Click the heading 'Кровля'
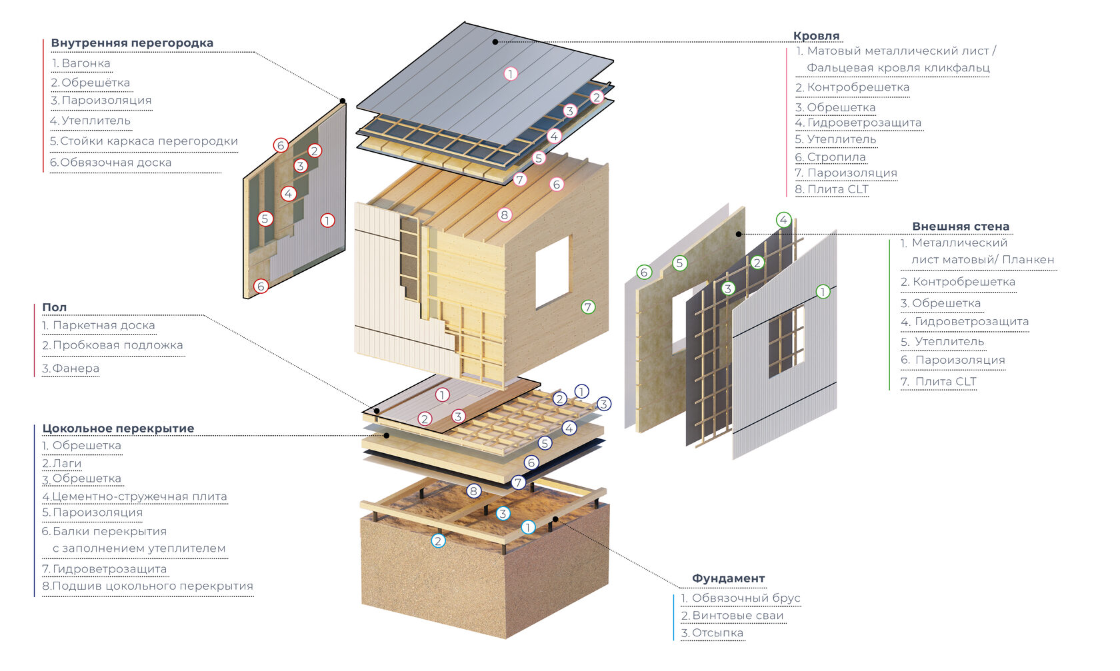[816, 36]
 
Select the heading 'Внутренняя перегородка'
[132, 43]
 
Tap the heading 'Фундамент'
[728, 578]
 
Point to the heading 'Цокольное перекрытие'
[118, 428]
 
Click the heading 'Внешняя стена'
[960, 227]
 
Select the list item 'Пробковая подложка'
[117, 345]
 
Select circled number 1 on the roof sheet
[511, 74]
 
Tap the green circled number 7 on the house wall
[587, 307]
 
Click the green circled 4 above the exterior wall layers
[783, 220]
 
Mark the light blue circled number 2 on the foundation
[438, 540]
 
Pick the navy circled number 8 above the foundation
[473, 491]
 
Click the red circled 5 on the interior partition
[265, 219]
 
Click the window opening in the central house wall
[553, 271]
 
